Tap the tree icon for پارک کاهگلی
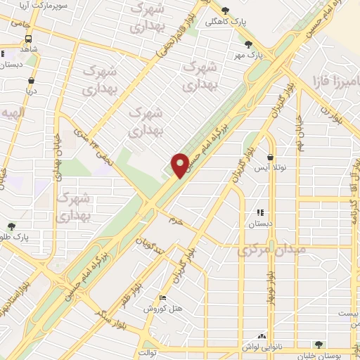(225, 11)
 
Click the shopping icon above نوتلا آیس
(271, 157)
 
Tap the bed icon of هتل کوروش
(163, 298)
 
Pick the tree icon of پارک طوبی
(10, 226)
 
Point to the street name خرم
(175, 220)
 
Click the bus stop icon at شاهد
(5, 53)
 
